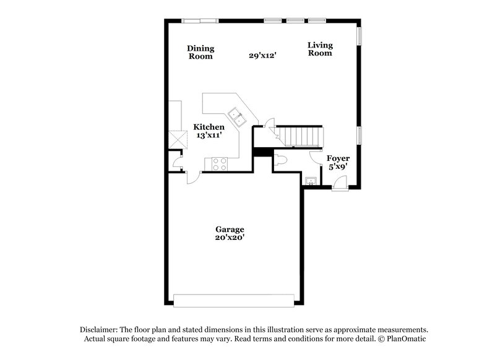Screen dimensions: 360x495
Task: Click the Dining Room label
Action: pyautogui.click(x=200, y=52)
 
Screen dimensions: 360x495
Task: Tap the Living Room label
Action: pyautogui.click(x=321, y=49)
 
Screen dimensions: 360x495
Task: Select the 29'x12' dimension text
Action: pyautogui.click(x=262, y=55)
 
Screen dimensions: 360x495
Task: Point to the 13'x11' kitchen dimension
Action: pyautogui.click(x=209, y=135)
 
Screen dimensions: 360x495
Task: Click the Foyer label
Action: pyautogui.click(x=338, y=158)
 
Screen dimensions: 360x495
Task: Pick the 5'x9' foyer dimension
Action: pyautogui.click(x=338, y=167)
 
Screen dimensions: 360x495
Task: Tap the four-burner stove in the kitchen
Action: pyautogui.click(x=220, y=164)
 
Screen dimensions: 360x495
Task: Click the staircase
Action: pyautogui.click(x=300, y=135)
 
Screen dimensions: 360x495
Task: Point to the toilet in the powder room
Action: pyautogui.click(x=282, y=160)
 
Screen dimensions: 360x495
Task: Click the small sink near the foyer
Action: pyautogui.click(x=310, y=180)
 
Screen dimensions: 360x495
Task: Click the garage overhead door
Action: pyautogui.click(x=235, y=300)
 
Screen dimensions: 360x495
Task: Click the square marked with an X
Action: pyautogui.click(x=179, y=140)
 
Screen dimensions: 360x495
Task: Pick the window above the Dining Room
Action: pyautogui.click(x=200, y=21)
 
